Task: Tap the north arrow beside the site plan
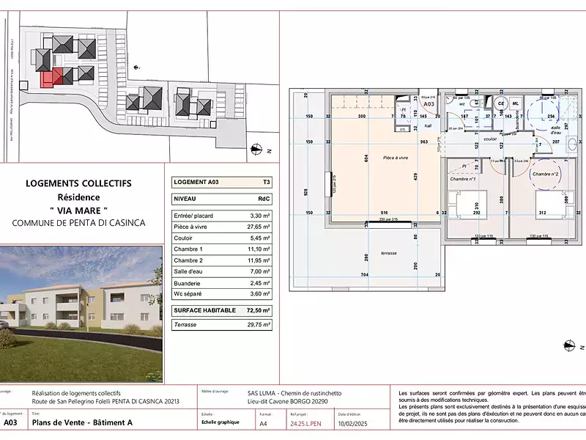click(257, 149)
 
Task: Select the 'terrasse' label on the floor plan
click(388, 253)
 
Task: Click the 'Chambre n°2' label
click(546, 174)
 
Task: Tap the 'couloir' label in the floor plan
click(490, 138)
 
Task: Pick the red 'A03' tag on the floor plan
click(430, 105)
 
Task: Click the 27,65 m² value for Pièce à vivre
click(259, 228)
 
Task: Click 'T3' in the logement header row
click(264, 183)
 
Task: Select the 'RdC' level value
click(263, 199)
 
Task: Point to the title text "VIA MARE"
click(84, 210)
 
